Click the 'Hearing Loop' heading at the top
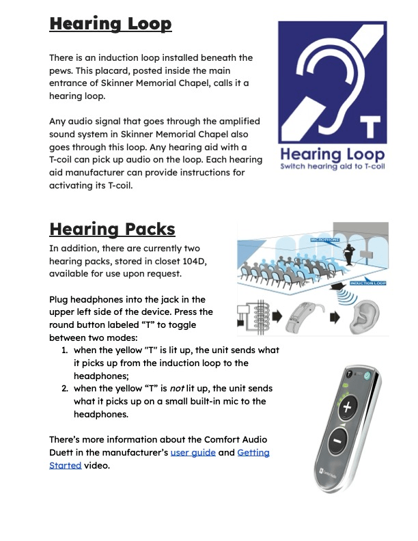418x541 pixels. tap(110, 25)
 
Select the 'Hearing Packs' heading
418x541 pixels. tap(112, 228)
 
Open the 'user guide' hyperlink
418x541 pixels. tap(193, 452)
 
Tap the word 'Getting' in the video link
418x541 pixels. tap(253, 452)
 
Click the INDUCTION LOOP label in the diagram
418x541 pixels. tap(369, 283)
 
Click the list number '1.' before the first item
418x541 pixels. tap(64, 350)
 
